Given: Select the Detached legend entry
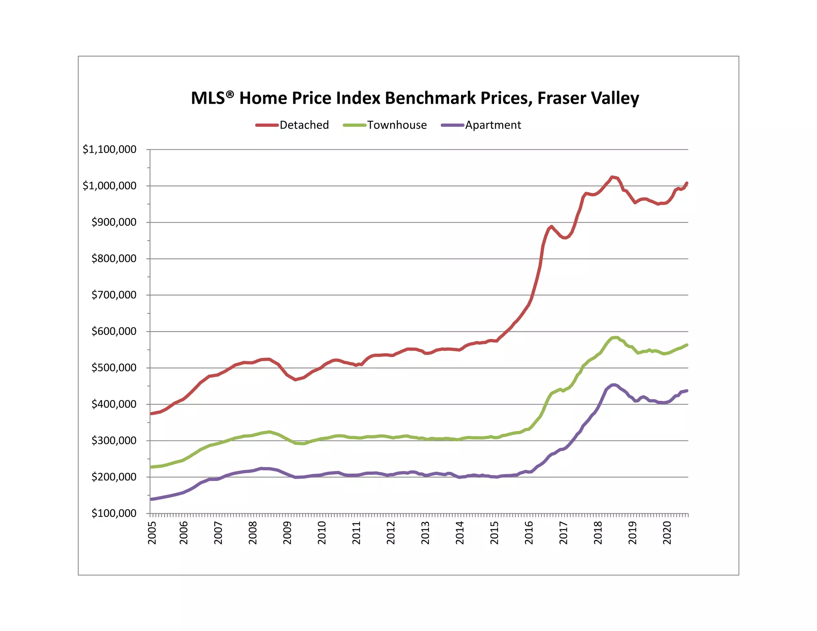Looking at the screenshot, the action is [292, 125].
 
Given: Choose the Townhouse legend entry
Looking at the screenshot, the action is [385, 125].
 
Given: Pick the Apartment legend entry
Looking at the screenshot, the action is [481, 125].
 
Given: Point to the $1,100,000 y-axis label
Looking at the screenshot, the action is [109, 150].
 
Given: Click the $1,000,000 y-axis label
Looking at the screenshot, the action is [109, 186].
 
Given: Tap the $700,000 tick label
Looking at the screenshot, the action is [114, 295].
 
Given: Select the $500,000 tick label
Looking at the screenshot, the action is [114, 368].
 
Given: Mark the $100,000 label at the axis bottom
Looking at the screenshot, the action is [114, 513].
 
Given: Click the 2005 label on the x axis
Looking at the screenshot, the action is [152, 532].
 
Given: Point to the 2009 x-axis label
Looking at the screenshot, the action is [287, 532].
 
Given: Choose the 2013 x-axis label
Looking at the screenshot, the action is [425, 532].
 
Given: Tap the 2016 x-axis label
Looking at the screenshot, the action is [529, 532].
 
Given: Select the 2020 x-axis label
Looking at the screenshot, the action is [667, 532].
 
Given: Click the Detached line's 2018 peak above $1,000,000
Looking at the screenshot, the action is [612, 177].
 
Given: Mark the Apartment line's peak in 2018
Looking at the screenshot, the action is [614, 385].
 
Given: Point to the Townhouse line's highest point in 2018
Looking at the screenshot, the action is [615, 337].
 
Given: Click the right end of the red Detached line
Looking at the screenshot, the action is [687, 183].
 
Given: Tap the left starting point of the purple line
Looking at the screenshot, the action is [151, 499].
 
